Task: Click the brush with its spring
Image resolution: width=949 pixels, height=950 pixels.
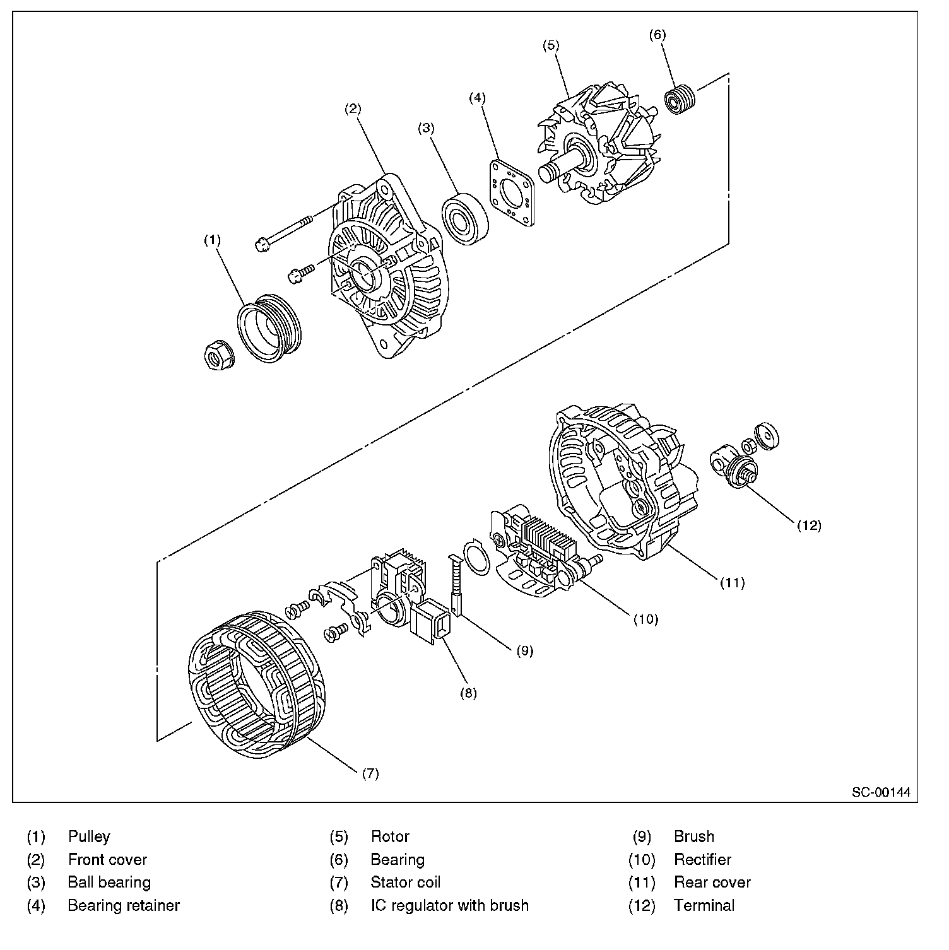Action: tap(457, 584)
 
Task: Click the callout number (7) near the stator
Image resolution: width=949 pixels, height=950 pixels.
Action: tap(370, 773)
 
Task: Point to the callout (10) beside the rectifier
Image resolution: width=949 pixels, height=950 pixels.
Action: tap(645, 619)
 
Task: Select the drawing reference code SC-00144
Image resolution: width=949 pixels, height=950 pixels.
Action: tap(881, 792)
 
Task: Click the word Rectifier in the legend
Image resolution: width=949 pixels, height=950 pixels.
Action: tap(702, 859)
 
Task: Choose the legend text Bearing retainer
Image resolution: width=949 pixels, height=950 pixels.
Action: tap(124, 905)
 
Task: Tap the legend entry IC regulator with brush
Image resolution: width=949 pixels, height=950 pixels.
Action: tap(449, 905)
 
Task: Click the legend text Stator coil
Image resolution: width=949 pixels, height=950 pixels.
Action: tap(405, 882)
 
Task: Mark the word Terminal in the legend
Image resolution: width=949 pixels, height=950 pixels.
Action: tap(704, 905)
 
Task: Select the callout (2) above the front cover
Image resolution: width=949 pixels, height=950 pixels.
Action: tap(352, 108)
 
